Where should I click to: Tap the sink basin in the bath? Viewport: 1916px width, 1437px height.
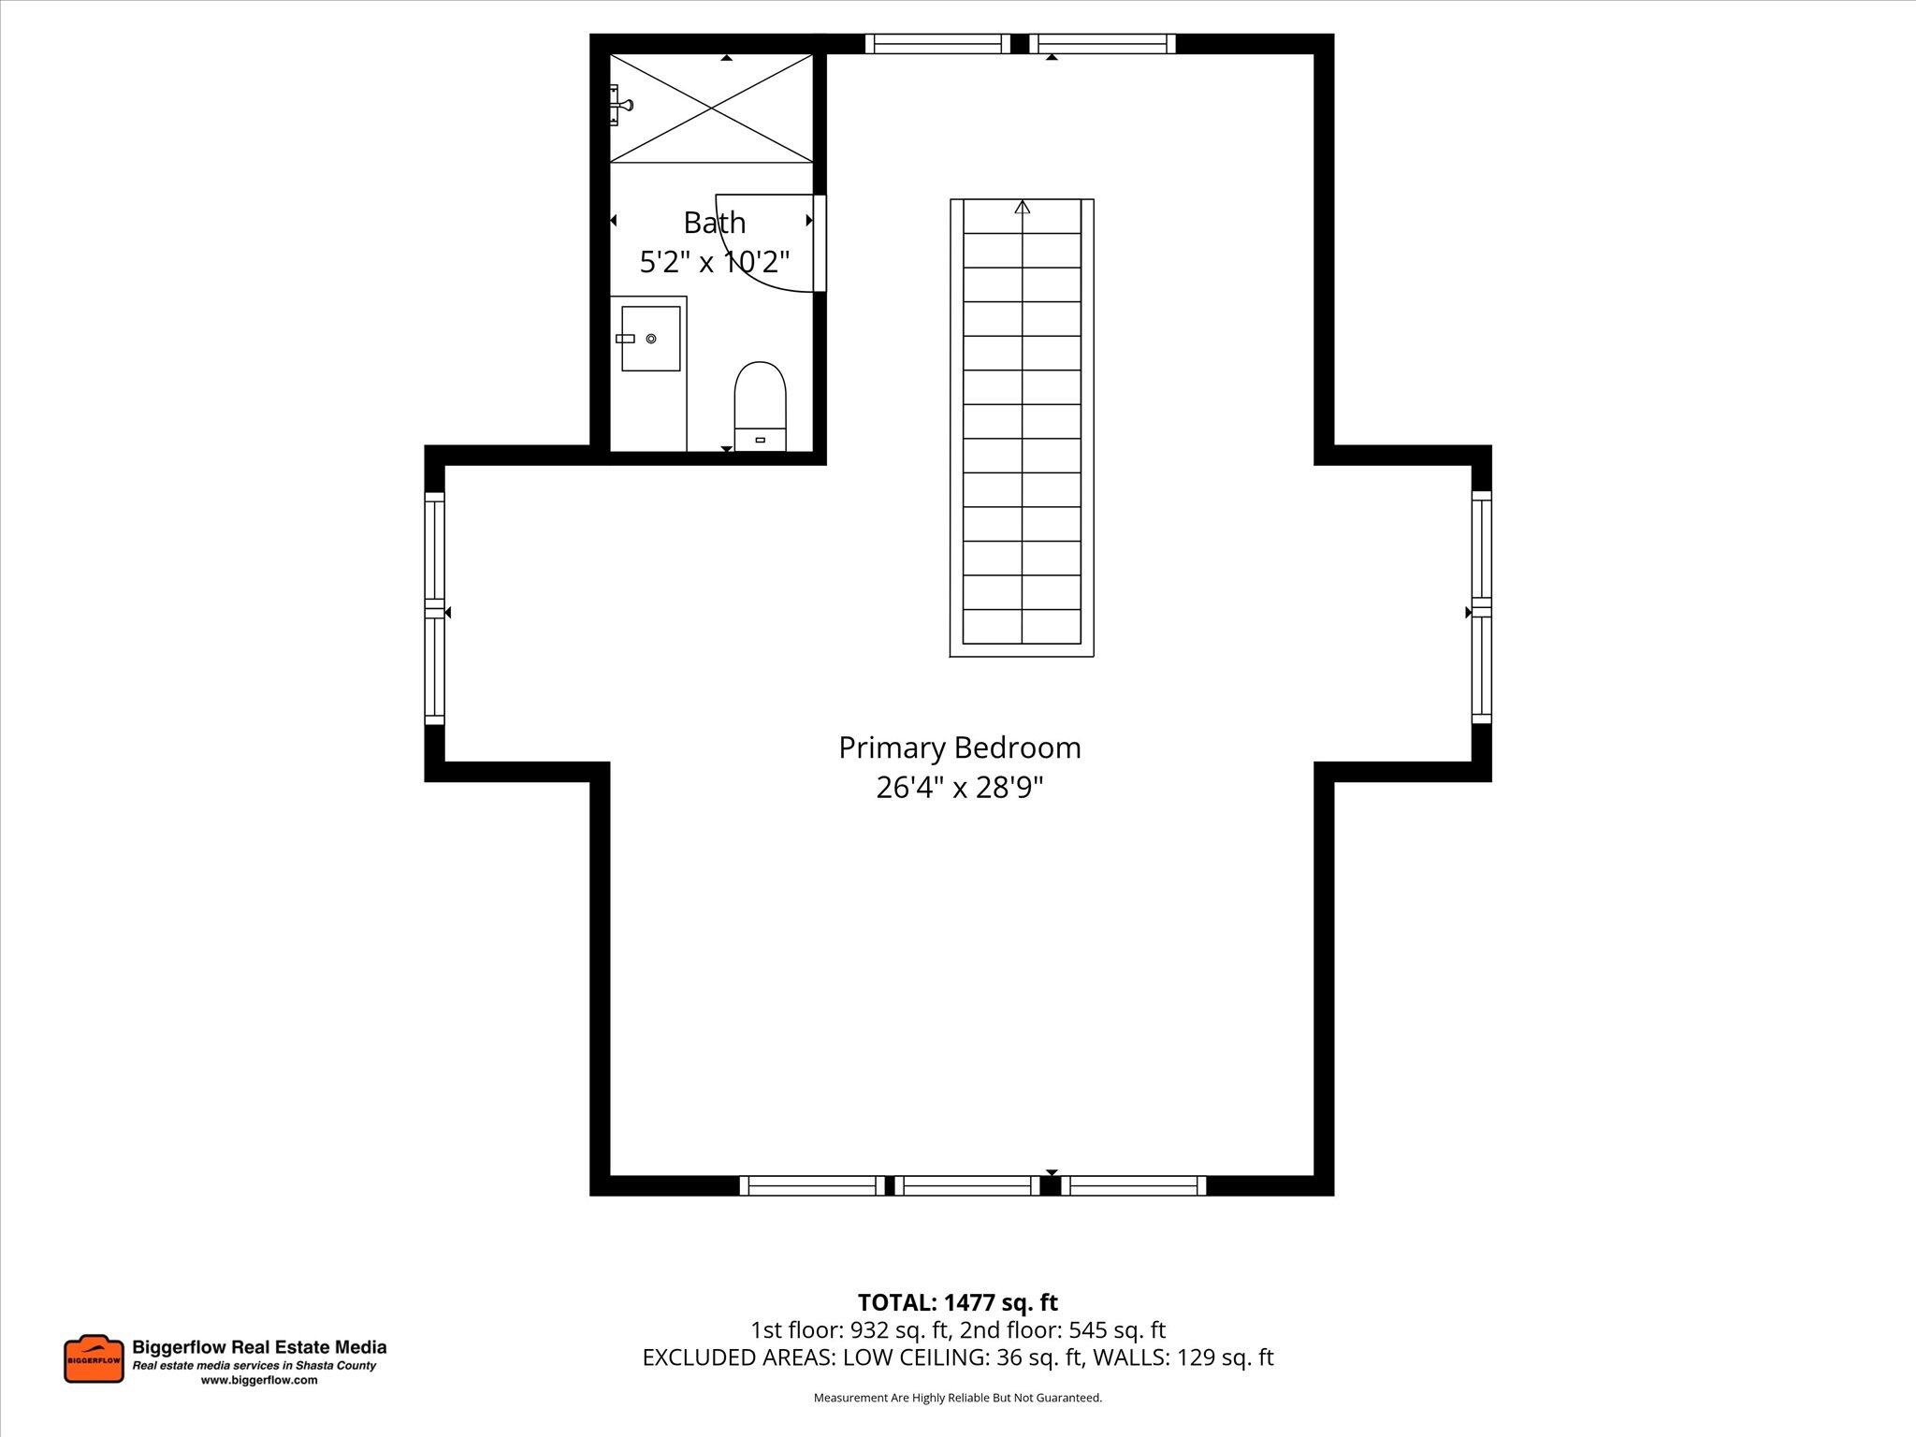(x=650, y=338)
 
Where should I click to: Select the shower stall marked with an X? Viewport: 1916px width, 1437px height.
(x=712, y=109)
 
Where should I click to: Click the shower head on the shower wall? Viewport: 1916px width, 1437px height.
(x=622, y=105)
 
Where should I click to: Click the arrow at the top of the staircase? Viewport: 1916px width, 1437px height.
(x=1022, y=208)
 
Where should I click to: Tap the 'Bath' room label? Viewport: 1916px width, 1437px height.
(x=715, y=223)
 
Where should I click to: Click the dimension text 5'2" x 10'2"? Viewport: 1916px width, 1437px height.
(x=715, y=263)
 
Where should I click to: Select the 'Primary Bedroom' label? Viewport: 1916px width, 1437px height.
(x=959, y=748)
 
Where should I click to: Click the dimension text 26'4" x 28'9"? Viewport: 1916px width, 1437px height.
(x=959, y=788)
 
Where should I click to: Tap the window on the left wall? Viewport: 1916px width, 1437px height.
(x=435, y=608)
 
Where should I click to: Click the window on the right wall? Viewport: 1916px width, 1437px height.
(x=1481, y=608)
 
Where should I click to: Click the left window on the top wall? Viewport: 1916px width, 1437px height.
(x=937, y=44)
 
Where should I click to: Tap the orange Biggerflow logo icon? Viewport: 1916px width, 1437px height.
(x=94, y=1359)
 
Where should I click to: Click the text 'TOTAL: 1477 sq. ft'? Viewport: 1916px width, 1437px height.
(x=957, y=1302)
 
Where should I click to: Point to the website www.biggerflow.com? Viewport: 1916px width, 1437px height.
(x=259, y=1380)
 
